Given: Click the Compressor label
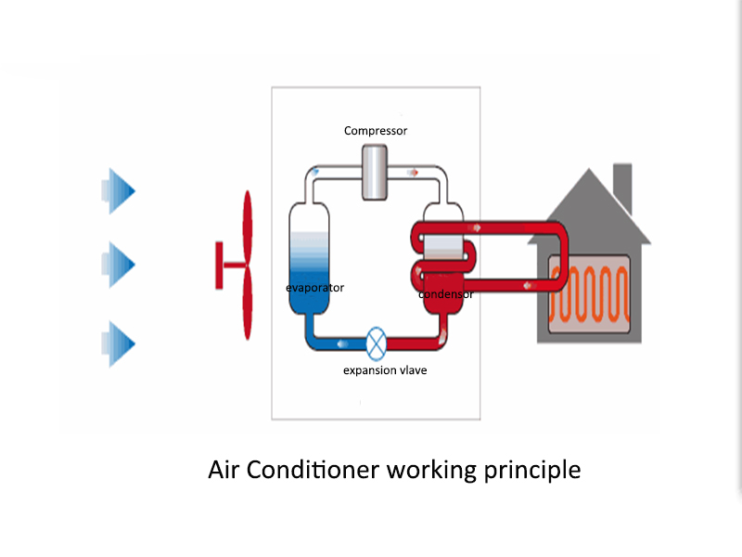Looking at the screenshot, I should coord(376,131).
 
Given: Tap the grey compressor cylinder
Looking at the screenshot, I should coord(377,172).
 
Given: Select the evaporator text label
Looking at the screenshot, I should coord(314,288).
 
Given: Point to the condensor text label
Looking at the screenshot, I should coord(446,294).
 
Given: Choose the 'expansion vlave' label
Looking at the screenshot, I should coord(385,370).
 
